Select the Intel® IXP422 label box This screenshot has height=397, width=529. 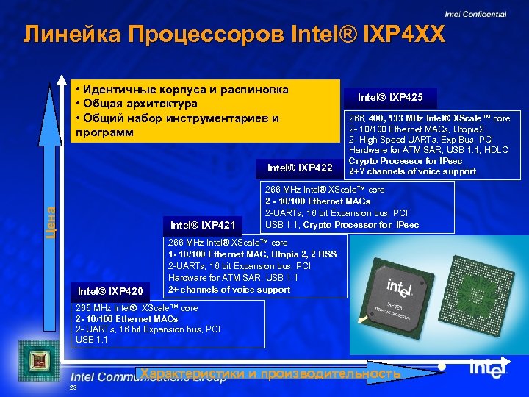point(300,167)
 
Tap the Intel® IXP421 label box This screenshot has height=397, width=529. point(202,225)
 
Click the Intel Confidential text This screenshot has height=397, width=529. point(475,13)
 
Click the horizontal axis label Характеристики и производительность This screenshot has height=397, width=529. point(271,373)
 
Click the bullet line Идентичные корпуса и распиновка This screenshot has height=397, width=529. point(181,90)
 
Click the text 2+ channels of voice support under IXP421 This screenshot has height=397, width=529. point(229,289)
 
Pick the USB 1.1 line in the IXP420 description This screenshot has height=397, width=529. point(92,340)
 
